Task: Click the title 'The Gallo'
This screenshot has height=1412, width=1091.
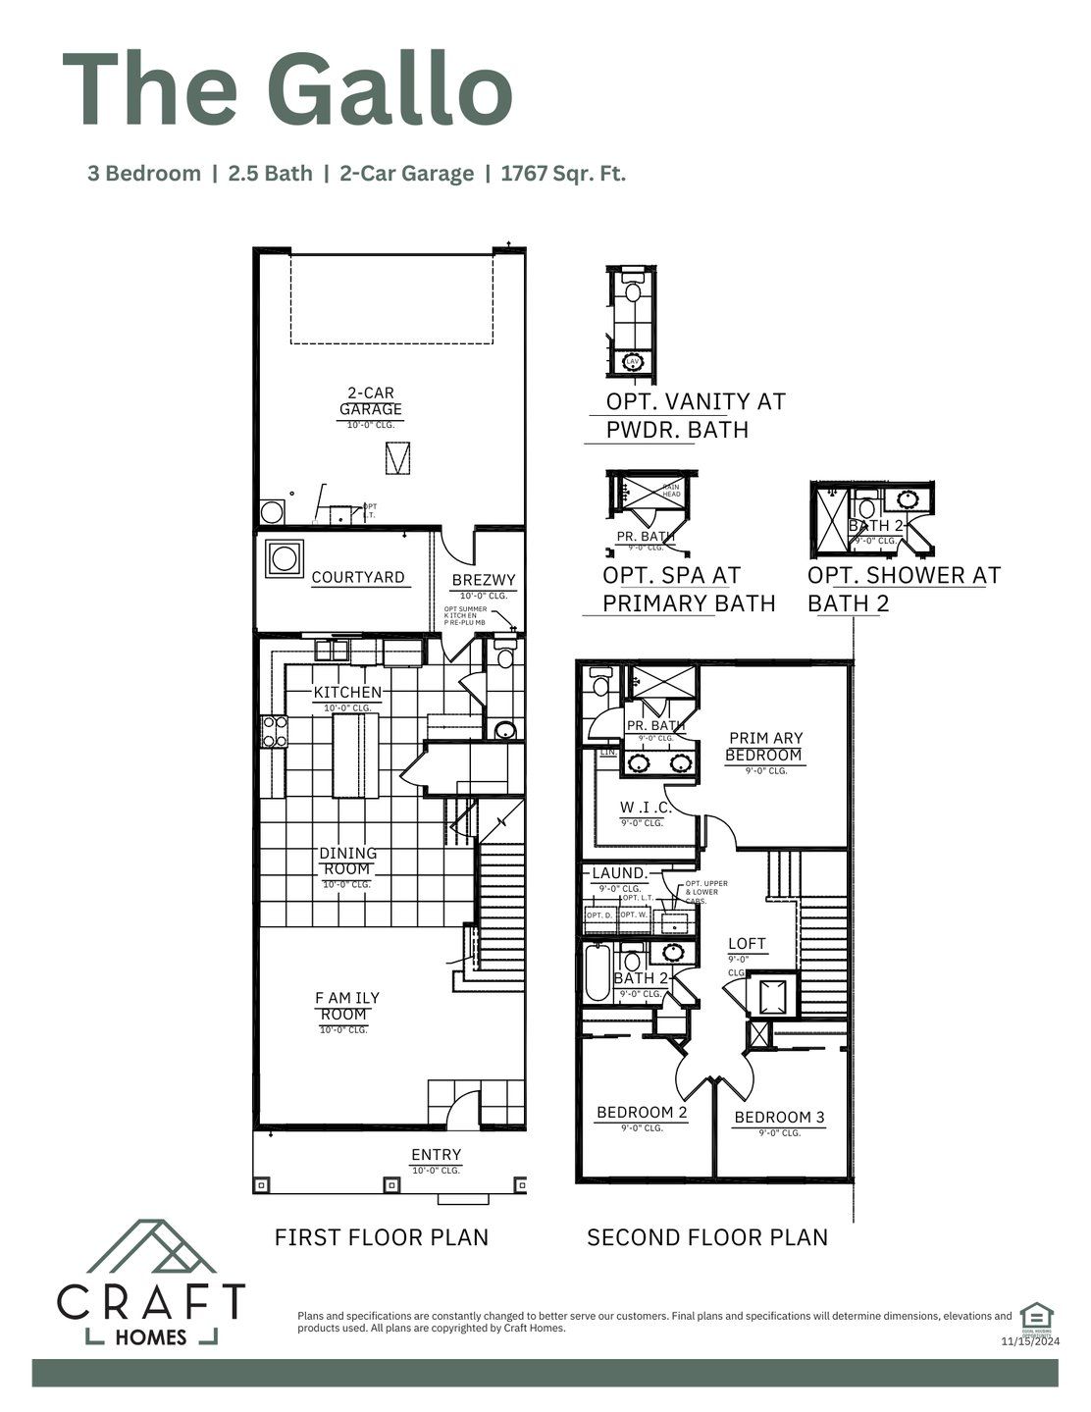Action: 286,89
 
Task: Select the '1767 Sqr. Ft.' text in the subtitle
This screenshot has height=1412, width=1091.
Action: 563,175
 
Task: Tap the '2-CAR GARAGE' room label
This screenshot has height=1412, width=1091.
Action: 371,401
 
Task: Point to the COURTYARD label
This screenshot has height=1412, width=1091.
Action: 357,577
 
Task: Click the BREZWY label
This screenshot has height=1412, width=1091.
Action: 484,581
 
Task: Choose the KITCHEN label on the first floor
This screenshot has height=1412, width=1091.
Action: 347,693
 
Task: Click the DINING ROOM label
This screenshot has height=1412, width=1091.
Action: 347,862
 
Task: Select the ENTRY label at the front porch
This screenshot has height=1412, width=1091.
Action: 436,1155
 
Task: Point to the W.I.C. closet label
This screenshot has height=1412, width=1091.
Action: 645,808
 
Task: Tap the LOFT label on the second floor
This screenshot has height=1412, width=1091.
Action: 747,944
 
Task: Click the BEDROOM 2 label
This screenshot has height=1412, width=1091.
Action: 642,1113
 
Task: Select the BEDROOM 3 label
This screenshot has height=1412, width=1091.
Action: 779,1118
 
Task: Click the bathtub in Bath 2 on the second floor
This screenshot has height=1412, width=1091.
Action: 597,972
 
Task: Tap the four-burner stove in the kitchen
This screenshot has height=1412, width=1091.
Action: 274,732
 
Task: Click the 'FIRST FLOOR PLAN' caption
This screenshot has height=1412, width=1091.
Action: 382,1237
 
